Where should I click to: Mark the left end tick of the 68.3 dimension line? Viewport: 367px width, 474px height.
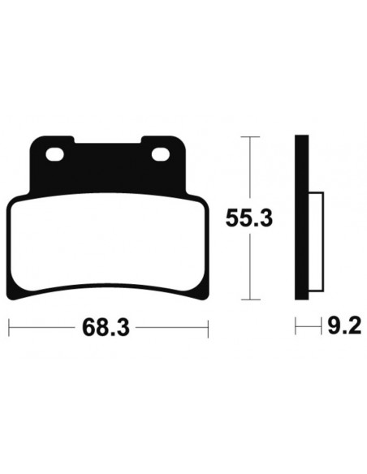tap(9, 329)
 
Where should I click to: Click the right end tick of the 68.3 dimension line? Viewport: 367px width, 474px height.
tap(209, 329)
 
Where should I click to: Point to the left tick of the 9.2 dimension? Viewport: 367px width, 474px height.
tap(296, 328)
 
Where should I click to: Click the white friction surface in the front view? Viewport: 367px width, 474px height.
tap(109, 243)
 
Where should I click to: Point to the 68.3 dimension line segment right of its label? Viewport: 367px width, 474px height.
tap(171, 329)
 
